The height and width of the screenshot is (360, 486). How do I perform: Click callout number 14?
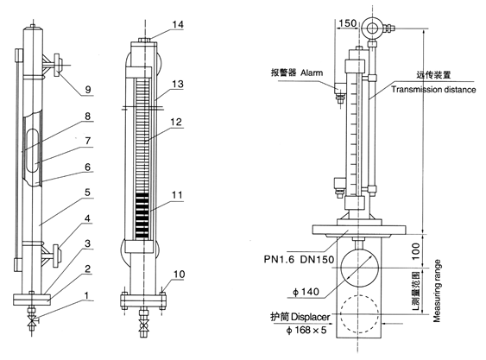(x=178, y=24)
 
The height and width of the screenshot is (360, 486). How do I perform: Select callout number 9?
(x=88, y=90)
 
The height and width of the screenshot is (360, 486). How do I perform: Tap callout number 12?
(x=176, y=122)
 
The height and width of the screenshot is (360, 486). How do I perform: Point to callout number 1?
(x=87, y=295)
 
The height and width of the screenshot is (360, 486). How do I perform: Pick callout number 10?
(x=180, y=275)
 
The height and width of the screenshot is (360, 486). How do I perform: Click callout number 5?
(x=87, y=193)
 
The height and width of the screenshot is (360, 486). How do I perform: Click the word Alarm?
(x=312, y=73)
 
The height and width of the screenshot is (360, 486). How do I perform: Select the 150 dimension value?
(x=348, y=23)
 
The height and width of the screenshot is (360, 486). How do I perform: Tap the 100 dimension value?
(x=415, y=251)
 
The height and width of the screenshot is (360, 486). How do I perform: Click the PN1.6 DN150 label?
(x=299, y=259)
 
